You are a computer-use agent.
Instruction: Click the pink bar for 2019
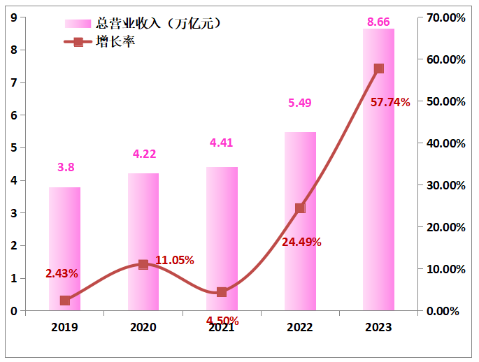(x=64, y=249)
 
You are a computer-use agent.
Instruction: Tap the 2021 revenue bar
(x=222, y=238)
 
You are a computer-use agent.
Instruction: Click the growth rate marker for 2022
(x=300, y=208)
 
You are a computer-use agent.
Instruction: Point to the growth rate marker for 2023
(x=379, y=68)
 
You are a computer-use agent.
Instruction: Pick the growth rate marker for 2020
(x=143, y=265)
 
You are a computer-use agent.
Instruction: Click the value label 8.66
(x=378, y=22)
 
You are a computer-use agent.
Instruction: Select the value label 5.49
(x=299, y=103)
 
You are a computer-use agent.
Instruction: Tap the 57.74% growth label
(x=390, y=102)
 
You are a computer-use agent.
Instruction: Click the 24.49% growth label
(x=301, y=242)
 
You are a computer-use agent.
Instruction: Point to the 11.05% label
(x=174, y=260)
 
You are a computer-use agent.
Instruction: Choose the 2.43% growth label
(x=62, y=273)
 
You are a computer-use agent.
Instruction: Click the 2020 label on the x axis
(x=143, y=327)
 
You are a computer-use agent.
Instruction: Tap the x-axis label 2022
(x=300, y=327)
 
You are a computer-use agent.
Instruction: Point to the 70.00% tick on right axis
(x=445, y=17)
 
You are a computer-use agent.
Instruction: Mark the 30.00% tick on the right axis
(x=445, y=185)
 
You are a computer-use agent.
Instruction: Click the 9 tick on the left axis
(x=14, y=17)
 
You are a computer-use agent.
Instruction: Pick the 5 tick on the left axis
(x=14, y=148)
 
